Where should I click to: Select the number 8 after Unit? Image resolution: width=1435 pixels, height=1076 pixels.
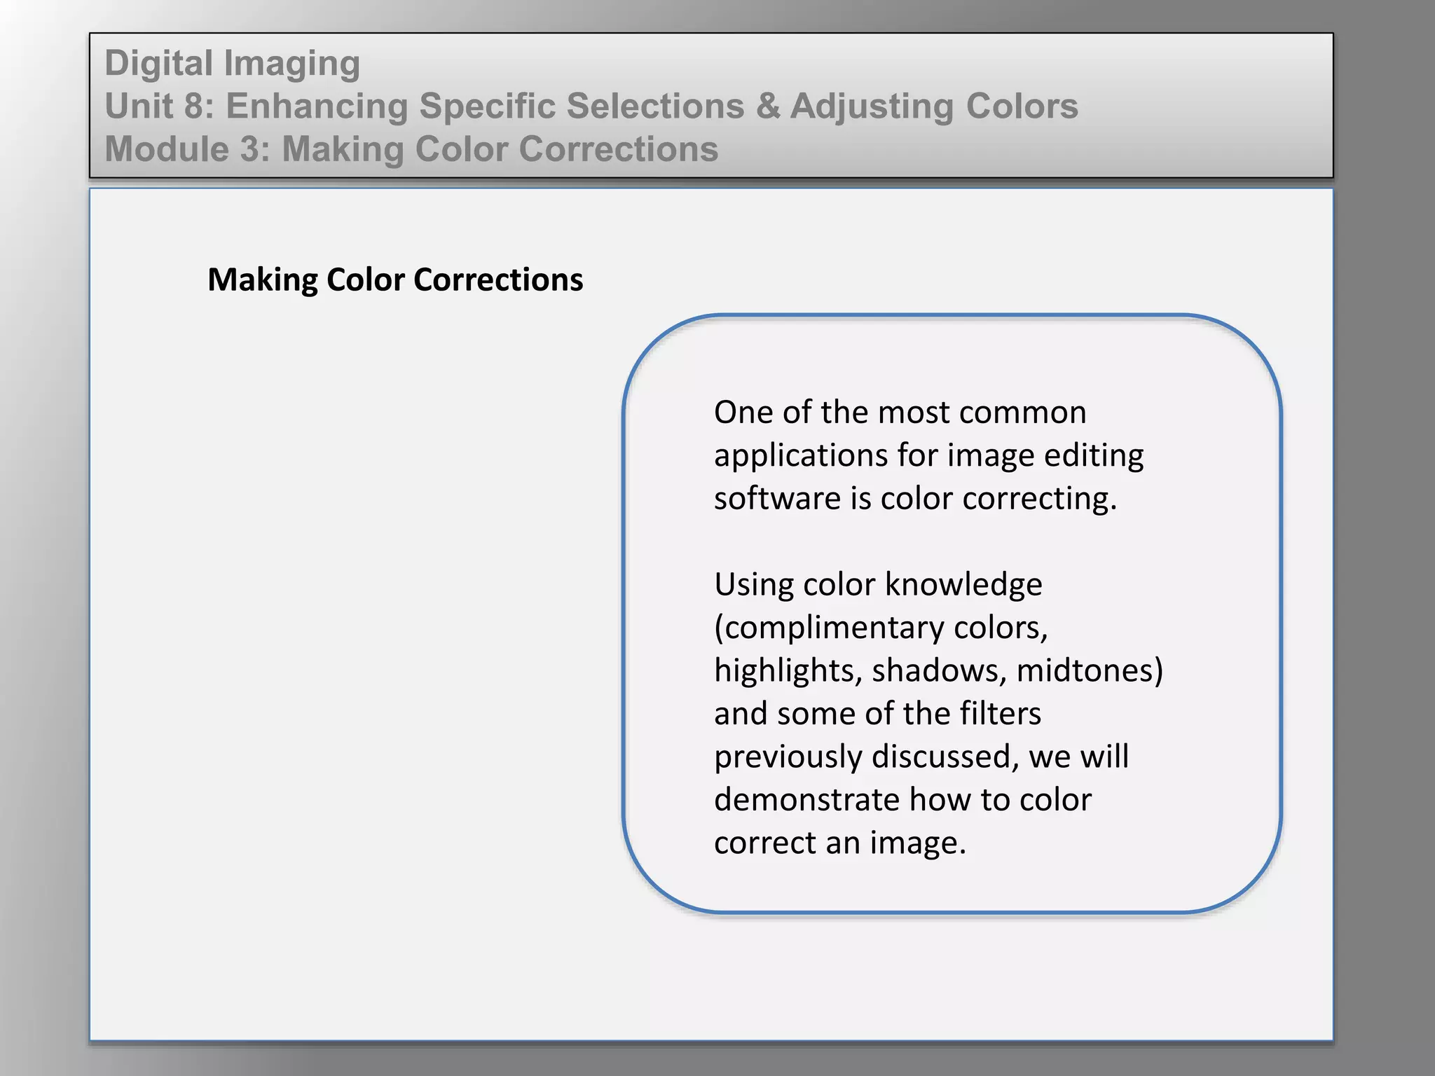coord(198,106)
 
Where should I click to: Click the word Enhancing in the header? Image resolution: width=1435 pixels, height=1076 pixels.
coord(317,107)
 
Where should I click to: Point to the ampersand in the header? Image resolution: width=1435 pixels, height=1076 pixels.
coord(767,106)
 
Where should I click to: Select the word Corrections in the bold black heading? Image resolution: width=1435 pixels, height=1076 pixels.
coord(498,280)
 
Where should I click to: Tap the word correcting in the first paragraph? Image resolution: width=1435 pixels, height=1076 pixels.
coord(1039,499)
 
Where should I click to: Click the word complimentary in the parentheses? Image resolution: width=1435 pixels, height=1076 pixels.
coord(835,628)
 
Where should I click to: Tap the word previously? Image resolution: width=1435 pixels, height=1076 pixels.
coord(788,757)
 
